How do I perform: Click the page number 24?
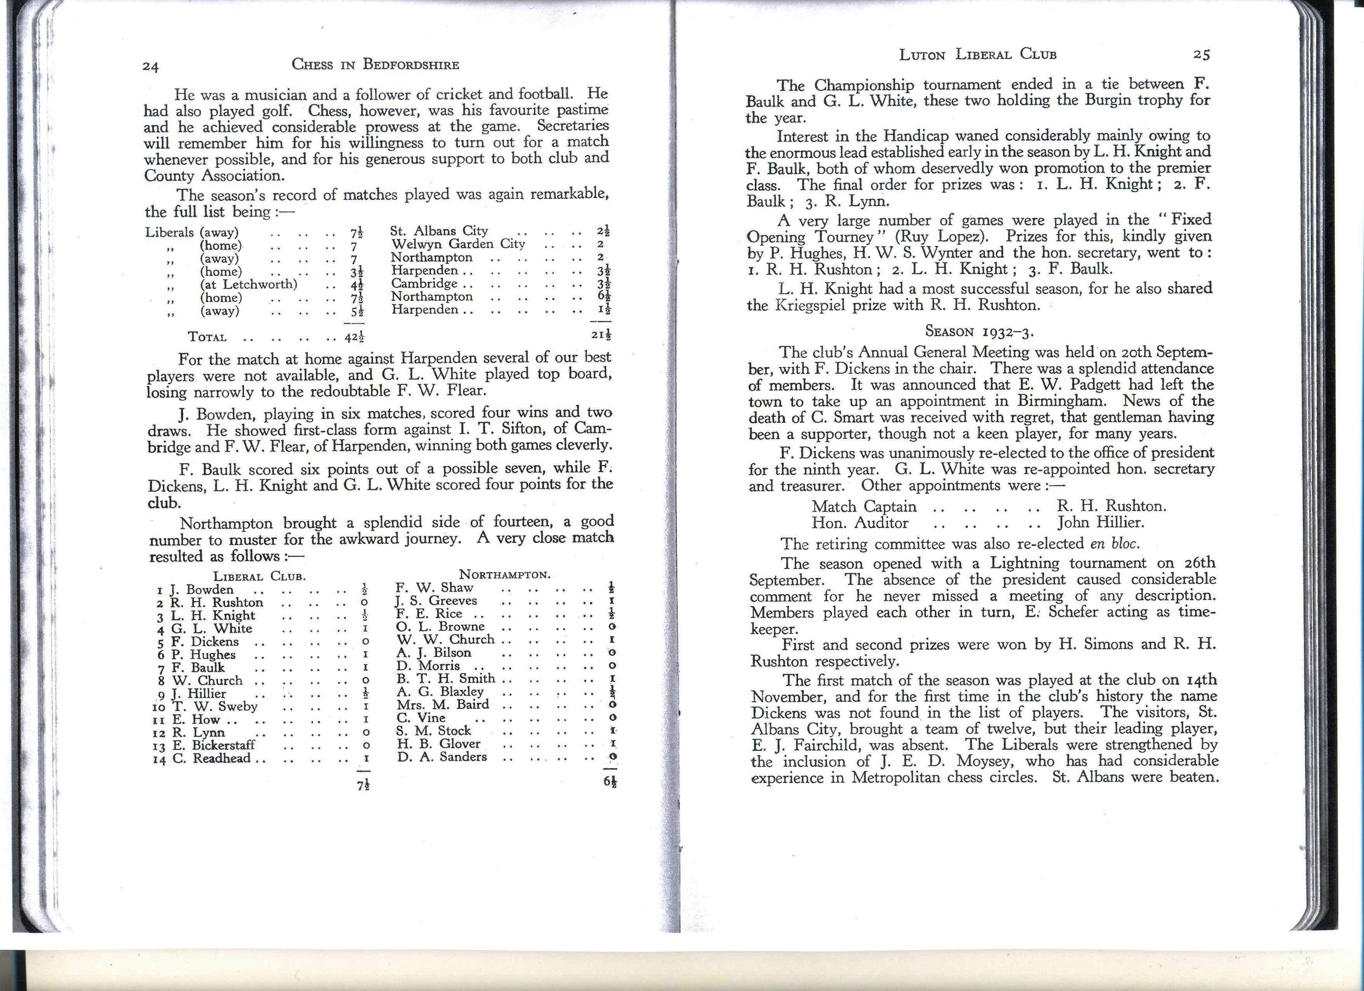click(x=150, y=67)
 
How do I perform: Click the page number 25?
click(x=1202, y=55)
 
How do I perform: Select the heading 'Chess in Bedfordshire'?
click(x=375, y=65)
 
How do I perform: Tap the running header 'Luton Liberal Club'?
click(x=978, y=55)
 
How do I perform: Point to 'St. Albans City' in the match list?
click(x=439, y=231)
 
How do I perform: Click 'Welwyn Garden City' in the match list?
click(x=458, y=244)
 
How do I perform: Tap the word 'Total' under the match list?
click(x=208, y=337)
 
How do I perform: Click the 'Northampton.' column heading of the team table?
click(x=504, y=574)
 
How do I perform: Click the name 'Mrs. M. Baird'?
click(x=443, y=704)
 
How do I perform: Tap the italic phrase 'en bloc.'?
click(x=1115, y=544)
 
